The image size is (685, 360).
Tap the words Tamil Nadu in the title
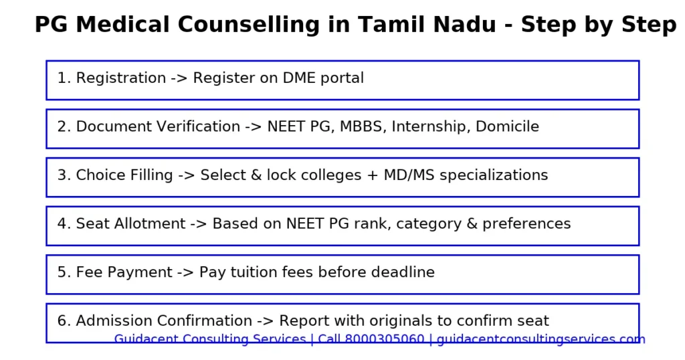coord(427,25)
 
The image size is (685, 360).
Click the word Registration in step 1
coord(120,78)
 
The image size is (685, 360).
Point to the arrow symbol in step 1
coord(179,78)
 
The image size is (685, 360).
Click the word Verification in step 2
coord(200,126)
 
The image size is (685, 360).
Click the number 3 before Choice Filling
coord(62,175)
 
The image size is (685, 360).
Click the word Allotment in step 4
coord(155,223)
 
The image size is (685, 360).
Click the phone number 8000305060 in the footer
coord(384,339)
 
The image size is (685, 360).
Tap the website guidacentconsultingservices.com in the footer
coord(541,339)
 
